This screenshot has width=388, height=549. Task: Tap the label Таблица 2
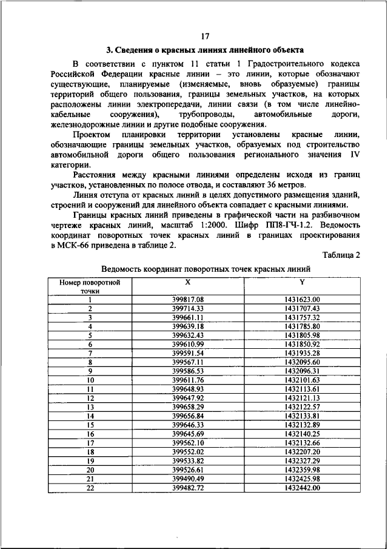click(341, 255)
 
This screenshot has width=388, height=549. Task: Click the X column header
click(188, 282)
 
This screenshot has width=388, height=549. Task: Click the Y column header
click(301, 282)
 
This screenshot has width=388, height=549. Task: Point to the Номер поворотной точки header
click(89, 286)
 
